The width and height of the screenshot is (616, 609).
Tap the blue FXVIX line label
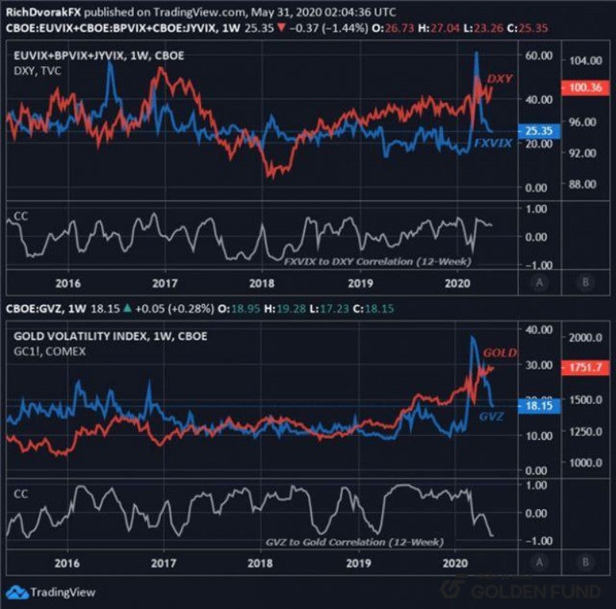tap(492, 143)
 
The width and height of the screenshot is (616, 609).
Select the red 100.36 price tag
tap(584, 89)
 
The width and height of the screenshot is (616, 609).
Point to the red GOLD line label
tap(500, 353)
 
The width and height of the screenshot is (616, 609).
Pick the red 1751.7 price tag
tap(584, 368)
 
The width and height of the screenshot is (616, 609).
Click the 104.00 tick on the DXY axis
tap(584, 61)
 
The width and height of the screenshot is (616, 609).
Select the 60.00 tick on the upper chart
tap(539, 57)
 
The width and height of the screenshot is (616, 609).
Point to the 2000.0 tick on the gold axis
tap(584, 338)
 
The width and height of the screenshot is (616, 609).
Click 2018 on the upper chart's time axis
tap(262, 283)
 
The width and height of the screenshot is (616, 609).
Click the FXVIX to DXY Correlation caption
tap(377, 262)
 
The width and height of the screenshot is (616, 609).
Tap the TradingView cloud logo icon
tap(15, 592)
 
